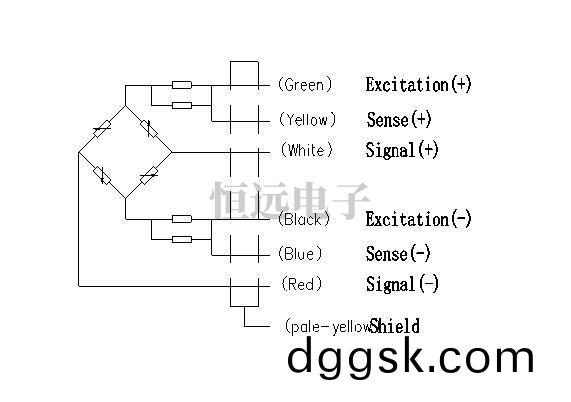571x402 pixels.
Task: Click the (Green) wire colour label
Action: [x=305, y=84]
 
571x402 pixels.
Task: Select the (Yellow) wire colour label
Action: [x=307, y=119]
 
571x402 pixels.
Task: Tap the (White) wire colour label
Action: [x=307, y=150]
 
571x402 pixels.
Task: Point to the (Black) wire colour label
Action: [x=304, y=219]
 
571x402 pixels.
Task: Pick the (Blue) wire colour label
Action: [x=300, y=253]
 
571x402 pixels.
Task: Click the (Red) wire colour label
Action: [x=302, y=284]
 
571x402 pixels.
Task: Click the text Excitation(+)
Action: [x=418, y=84]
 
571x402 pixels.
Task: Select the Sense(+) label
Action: [x=399, y=119]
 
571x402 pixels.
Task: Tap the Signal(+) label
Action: [x=402, y=150]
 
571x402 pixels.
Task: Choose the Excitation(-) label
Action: [x=418, y=219]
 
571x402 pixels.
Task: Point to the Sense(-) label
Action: [x=398, y=253]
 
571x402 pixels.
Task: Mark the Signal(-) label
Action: [x=402, y=284]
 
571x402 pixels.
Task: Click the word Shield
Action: [x=394, y=326]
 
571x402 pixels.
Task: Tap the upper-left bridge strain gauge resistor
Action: [x=102, y=129]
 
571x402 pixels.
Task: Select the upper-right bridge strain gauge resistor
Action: [x=149, y=129]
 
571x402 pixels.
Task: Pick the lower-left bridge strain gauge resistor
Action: [x=102, y=175]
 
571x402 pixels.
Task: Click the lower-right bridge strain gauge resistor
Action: [x=149, y=176]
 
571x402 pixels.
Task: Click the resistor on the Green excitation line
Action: [x=182, y=85]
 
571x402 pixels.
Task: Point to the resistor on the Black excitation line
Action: [x=182, y=219]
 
